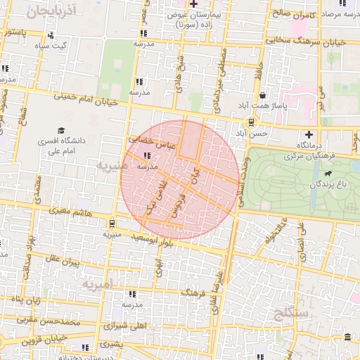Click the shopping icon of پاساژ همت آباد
(x=262, y=95)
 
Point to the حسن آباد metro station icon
(x=252, y=122)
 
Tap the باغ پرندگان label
(x=328, y=185)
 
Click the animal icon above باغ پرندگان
(x=328, y=173)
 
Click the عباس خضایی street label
(x=149, y=140)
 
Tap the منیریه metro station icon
(x=111, y=223)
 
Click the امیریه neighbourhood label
(x=96, y=285)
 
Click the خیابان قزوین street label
(x=28, y=342)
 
